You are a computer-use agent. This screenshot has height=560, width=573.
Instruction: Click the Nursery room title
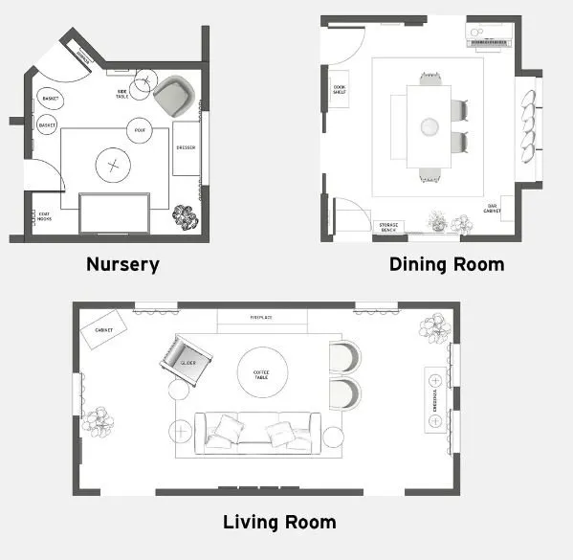tap(122, 264)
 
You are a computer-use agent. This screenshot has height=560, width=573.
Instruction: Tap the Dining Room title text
tap(446, 264)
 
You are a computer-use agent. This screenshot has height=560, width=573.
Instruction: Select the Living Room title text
tap(279, 522)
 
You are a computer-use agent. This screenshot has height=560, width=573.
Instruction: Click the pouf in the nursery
tap(141, 129)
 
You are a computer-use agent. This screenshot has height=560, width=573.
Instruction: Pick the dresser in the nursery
tap(187, 147)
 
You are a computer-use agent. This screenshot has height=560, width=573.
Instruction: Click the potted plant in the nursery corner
tap(185, 217)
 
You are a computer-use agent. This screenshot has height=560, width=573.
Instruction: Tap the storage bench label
tap(388, 227)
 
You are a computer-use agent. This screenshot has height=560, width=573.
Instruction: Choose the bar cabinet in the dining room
tap(493, 208)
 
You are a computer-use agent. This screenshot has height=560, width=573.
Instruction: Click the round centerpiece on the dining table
tap(430, 124)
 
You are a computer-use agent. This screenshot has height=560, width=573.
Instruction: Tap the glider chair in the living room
tap(185, 359)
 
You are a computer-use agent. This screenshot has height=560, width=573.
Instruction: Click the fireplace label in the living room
tap(262, 316)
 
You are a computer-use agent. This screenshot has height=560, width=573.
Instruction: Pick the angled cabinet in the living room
tap(103, 329)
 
